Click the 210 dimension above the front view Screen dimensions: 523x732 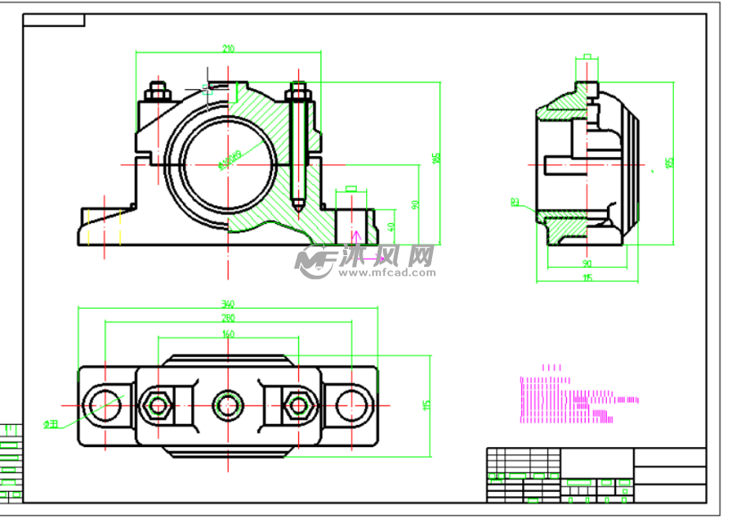(229, 49)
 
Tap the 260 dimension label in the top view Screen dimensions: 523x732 (228, 318)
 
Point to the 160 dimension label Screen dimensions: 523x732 (228, 334)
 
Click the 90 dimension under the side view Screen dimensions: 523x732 (586, 264)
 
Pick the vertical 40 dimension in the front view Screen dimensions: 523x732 (392, 227)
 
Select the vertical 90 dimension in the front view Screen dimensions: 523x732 (414, 204)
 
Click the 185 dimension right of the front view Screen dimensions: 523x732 (436, 157)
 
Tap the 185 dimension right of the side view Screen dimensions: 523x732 (670, 162)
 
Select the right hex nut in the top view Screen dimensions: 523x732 (295, 406)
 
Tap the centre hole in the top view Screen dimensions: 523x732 (228, 406)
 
